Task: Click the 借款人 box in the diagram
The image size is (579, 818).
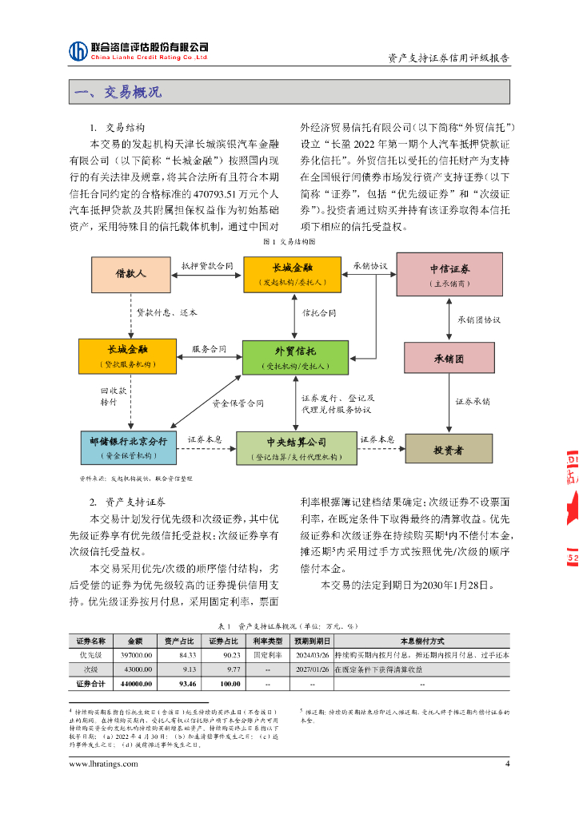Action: tap(131, 275)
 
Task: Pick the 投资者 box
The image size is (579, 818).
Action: tap(448, 449)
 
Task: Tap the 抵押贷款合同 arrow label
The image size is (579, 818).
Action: tap(206, 265)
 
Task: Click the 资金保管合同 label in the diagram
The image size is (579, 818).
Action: tap(238, 404)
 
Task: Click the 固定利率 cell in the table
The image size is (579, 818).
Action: tap(269, 654)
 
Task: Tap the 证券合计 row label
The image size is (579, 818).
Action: tap(90, 684)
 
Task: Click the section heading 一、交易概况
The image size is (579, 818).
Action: tap(118, 93)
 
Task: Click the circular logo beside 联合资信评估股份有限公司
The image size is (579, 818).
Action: tap(78, 51)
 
